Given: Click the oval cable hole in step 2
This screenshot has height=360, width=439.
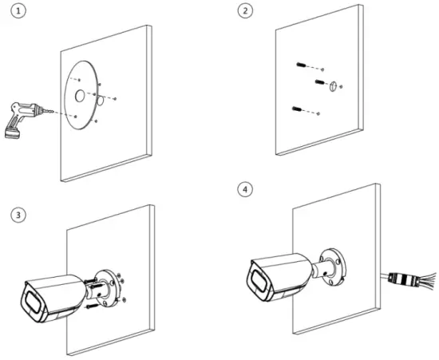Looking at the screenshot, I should click(333, 86).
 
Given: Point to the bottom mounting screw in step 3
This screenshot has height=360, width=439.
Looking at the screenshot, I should click(93, 303).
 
